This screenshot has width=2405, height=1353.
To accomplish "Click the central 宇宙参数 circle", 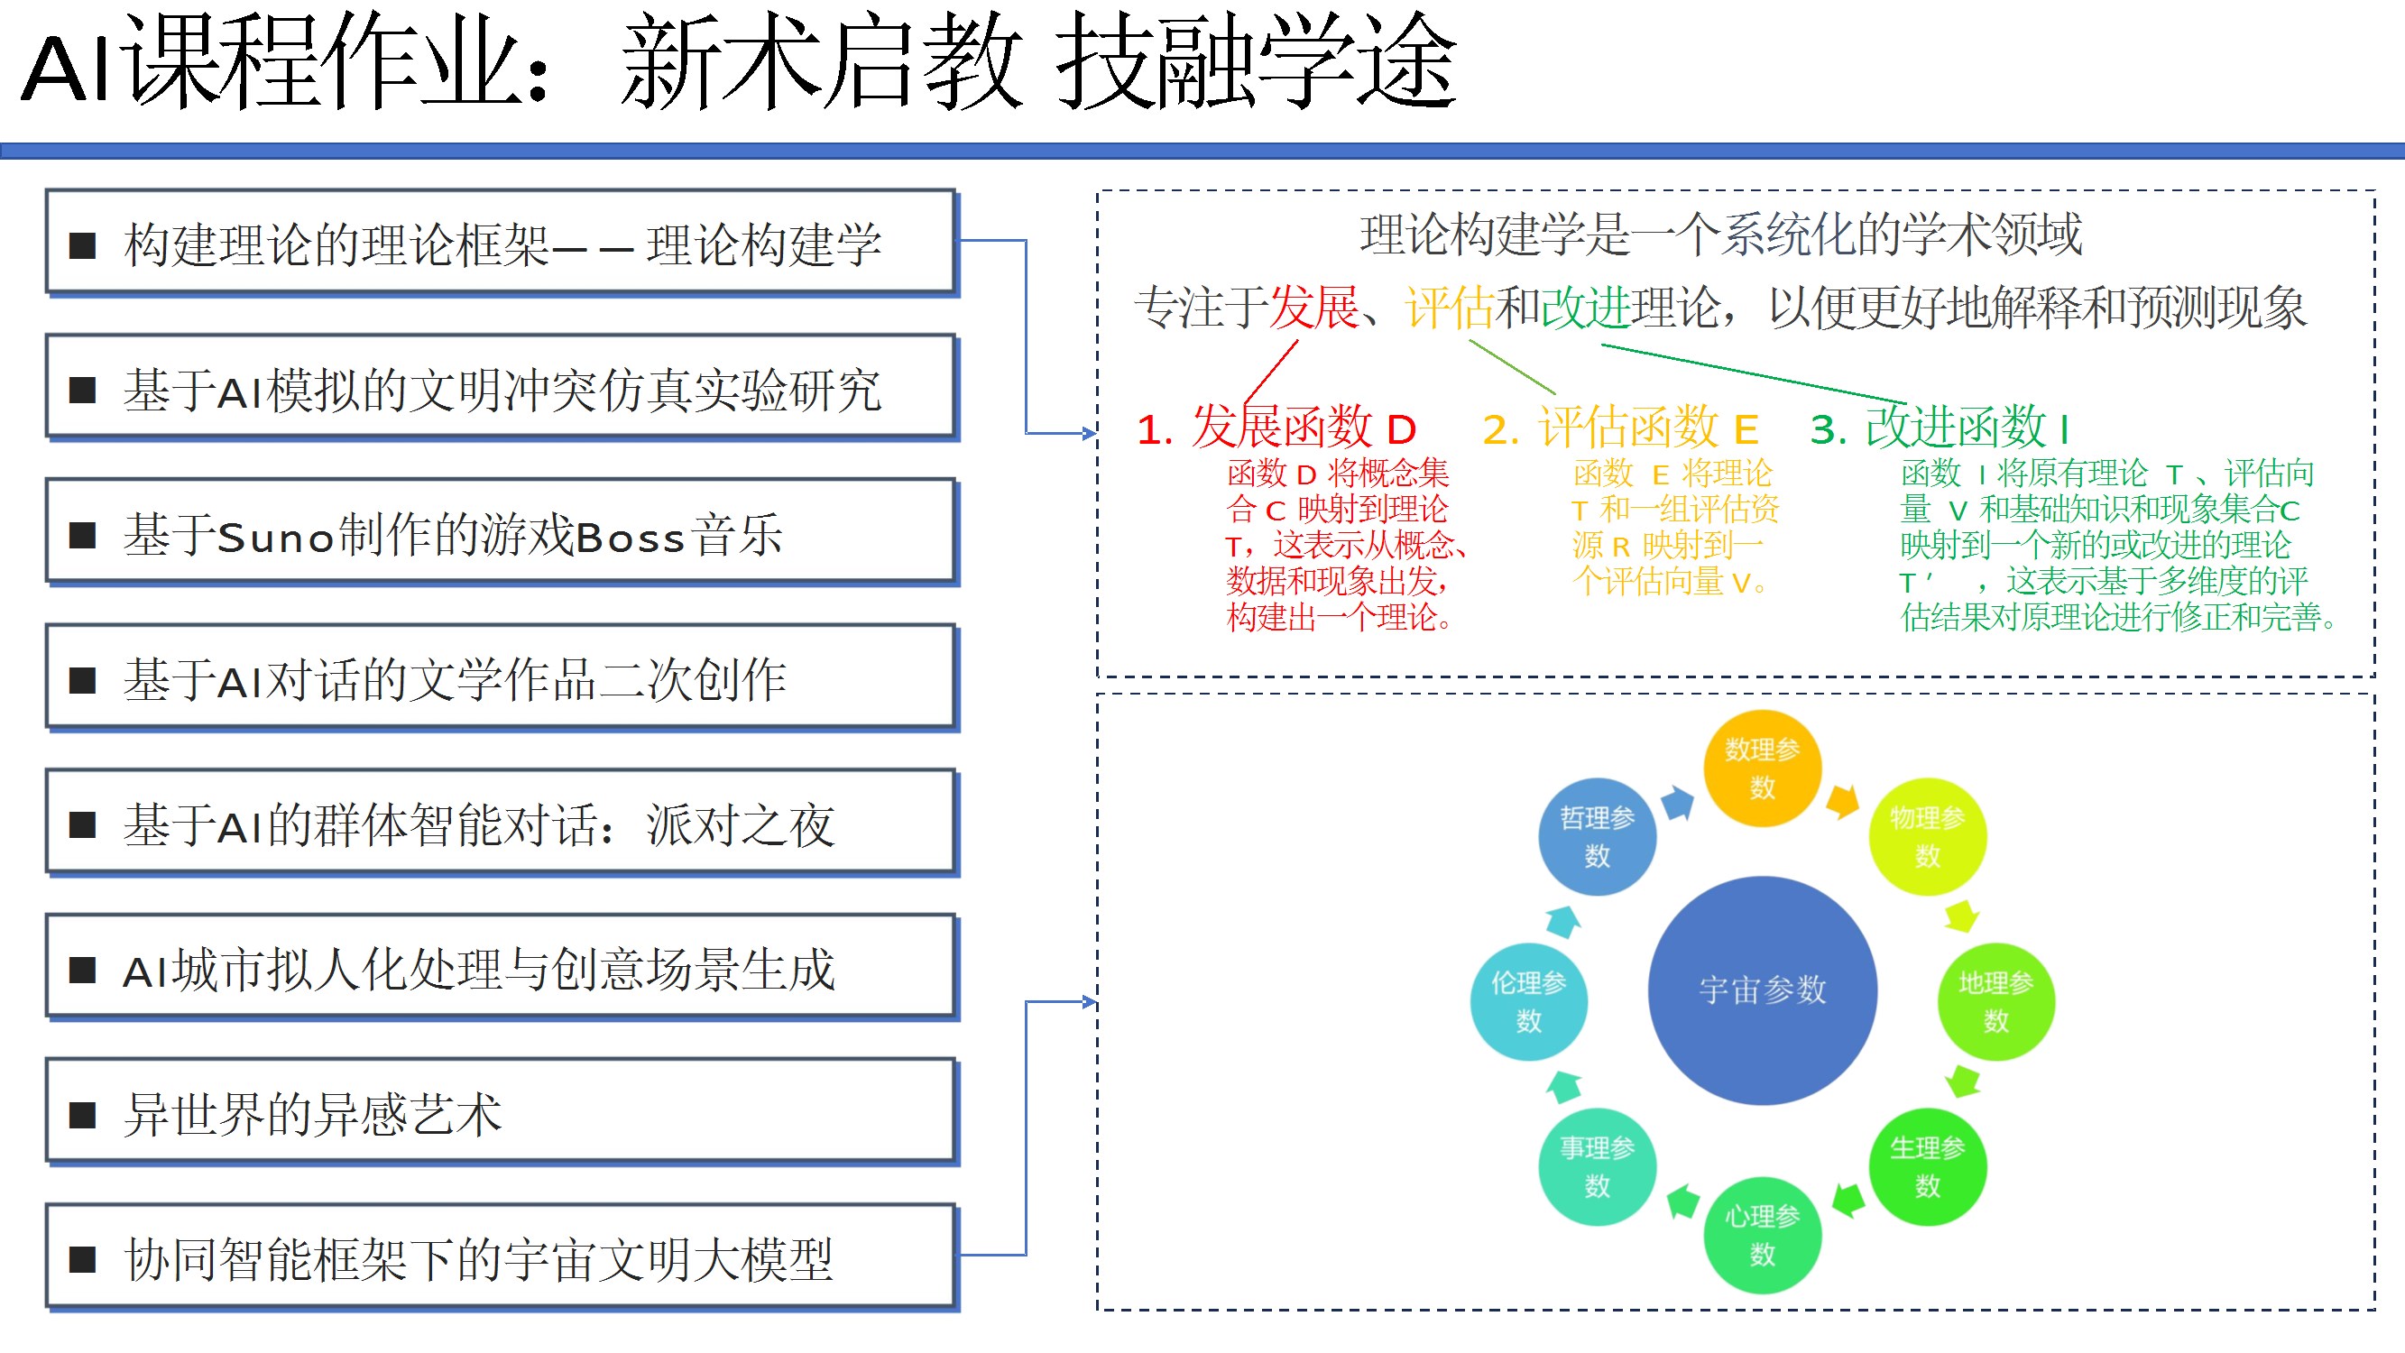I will [1762, 989].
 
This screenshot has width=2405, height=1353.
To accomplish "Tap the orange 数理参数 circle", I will [1762, 769].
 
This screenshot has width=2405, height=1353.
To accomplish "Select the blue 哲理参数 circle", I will [1597, 837].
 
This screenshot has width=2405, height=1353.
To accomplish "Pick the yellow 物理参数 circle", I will [1927, 837].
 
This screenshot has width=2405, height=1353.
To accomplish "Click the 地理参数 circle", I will [1995, 1001].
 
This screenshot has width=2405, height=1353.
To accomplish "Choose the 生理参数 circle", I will [1927, 1166].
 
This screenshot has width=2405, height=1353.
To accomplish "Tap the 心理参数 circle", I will [1762, 1235].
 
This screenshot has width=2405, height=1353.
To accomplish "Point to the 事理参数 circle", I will [1597, 1166].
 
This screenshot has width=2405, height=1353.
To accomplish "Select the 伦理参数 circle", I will [1528, 1001].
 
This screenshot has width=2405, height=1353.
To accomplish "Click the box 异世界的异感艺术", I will [501, 1114].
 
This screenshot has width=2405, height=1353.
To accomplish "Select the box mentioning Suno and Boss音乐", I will [501, 535].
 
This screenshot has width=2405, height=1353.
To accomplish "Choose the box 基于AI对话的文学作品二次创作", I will [501, 680].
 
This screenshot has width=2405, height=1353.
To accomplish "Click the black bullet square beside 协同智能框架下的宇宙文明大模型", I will [83, 1259].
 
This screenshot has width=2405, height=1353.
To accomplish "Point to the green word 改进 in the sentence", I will [1584, 308].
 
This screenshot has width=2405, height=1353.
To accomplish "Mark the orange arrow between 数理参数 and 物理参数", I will [1842, 801].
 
